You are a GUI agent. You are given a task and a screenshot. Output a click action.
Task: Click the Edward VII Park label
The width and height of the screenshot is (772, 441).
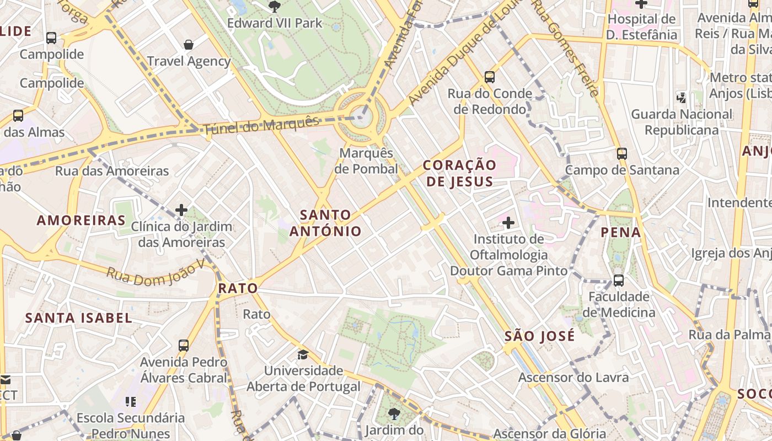pyautogui.click(x=275, y=23)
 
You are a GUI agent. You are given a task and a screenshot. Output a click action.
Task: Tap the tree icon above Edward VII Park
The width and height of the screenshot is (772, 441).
pyautogui.click(x=274, y=7)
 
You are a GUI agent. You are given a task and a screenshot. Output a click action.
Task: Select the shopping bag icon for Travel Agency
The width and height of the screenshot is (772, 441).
pyautogui.click(x=189, y=45)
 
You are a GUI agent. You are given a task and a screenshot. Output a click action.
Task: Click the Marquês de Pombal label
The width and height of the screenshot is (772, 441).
pyautogui.click(x=367, y=161)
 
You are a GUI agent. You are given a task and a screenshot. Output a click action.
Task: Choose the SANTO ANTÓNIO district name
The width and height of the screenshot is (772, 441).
pyautogui.click(x=325, y=223)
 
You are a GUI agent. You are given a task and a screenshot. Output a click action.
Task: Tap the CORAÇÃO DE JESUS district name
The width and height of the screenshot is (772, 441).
pyautogui.click(x=459, y=173)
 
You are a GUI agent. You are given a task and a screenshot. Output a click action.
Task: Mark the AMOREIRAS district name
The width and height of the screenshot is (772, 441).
pyautogui.click(x=81, y=220)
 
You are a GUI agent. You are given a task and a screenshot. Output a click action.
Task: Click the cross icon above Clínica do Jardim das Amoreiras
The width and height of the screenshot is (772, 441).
pyautogui.click(x=181, y=210)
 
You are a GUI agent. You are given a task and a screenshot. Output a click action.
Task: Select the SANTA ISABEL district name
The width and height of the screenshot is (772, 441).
pyautogui.click(x=79, y=318)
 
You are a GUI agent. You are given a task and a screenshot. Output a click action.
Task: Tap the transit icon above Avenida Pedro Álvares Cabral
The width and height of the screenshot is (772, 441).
pyautogui.click(x=184, y=346)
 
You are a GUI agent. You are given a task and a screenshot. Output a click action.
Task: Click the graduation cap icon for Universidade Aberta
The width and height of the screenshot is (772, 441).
pyautogui.click(x=303, y=354)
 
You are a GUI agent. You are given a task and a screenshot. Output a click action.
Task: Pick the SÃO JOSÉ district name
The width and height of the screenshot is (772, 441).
pyautogui.click(x=540, y=336)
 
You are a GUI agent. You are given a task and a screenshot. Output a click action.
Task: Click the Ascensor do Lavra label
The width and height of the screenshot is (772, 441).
pyautogui.click(x=573, y=378)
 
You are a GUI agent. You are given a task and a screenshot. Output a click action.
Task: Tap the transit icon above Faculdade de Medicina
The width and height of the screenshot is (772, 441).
pyautogui.click(x=619, y=281)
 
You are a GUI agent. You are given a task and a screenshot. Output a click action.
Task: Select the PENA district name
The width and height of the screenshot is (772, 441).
pyautogui.click(x=621, y=232)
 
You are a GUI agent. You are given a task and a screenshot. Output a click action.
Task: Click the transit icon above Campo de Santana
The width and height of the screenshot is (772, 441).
pyautogui.click(x=622, y=154)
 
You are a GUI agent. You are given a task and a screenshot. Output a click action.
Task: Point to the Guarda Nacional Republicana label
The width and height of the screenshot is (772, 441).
pyautogui.click(x=682, y=122)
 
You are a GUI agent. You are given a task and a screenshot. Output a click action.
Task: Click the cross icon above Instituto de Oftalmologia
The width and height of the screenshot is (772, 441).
pyautogui.click(x=508, y=223)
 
